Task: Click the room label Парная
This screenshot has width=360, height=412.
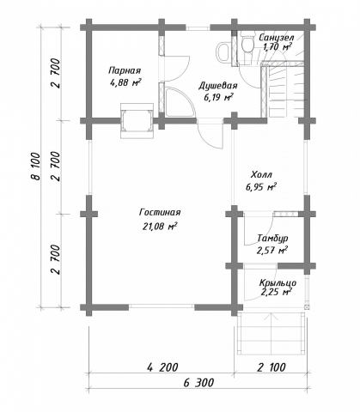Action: click(125, 70)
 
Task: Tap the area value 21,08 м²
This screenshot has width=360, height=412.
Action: click(160, 227)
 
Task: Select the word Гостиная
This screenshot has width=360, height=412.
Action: click(160, 213)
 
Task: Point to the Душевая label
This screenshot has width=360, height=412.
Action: click(218, 86)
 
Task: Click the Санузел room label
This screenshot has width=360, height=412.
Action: click(276, 37)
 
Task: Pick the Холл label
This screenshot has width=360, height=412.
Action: click(261, 174)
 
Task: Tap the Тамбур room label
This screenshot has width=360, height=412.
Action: click(272, 238)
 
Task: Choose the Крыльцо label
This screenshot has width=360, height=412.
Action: click(278, 283)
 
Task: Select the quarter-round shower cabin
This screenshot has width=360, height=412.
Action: click(179, 102)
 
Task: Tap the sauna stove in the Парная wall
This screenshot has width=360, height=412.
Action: click(137, 120)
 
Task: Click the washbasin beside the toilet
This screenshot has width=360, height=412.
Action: click(223, 51)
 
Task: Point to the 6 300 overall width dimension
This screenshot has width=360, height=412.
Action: click(198, 383)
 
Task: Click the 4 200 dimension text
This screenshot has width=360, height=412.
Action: click(162, 367)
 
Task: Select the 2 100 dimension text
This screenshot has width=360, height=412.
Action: click(271, 367)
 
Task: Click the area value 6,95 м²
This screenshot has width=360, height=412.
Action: click(261, 187)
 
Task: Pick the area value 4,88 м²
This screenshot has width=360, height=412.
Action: click(125, 83)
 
